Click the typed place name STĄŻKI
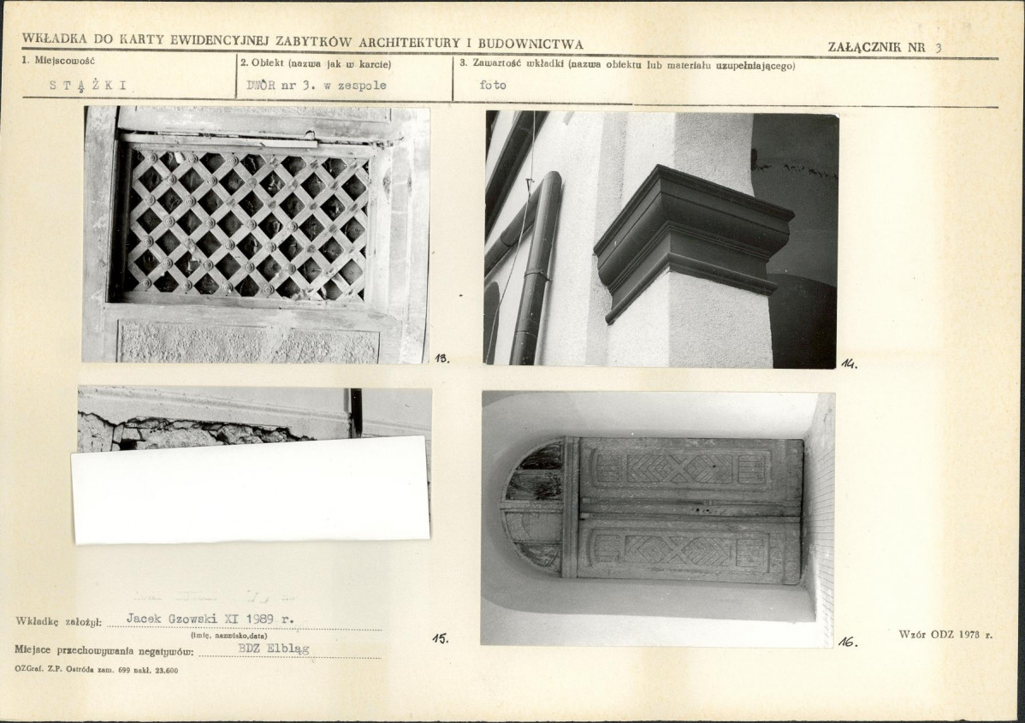tap(88, 85)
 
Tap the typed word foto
tap(493, 85)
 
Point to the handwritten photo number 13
tap(442, 359)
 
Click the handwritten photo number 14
tap(849, 364)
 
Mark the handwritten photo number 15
tap(441, 638)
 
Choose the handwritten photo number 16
tap(848, 643)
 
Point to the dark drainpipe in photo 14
tap(534, 268)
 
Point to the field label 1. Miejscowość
tap(59, 61)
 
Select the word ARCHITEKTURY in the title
tap(410, 43)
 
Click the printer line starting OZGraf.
tap(96, 670)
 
